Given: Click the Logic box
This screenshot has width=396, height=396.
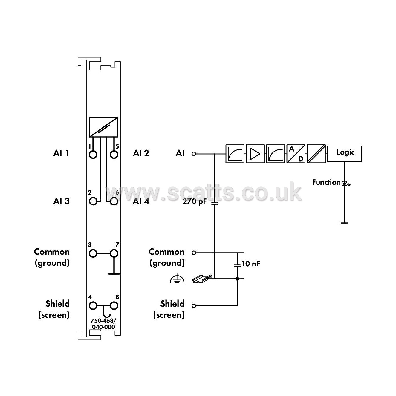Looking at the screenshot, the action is (x=344, y=154).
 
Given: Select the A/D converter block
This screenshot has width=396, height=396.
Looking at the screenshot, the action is (x=296, y=154).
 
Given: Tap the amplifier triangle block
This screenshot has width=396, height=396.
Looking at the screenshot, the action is (x=255, y=154).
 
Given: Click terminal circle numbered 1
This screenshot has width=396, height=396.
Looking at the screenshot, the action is (x=93, y=154).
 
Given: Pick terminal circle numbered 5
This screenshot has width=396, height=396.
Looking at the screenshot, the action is (x=114, y=154).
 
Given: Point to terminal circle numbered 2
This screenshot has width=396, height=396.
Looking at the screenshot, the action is (x=93, y=201).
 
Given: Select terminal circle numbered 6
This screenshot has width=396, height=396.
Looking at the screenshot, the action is (x=114, y=201).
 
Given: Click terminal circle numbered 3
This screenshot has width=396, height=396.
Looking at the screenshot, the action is (x=93, y=253).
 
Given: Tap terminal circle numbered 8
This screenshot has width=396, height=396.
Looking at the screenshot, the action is (x=114, y=305).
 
